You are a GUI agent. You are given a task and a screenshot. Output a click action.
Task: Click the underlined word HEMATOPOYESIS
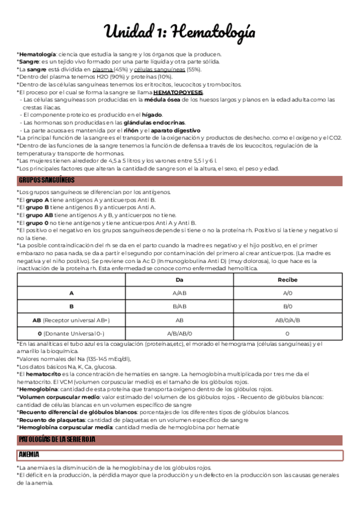point(178,92)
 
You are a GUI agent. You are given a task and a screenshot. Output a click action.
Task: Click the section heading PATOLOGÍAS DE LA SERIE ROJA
point(57,440)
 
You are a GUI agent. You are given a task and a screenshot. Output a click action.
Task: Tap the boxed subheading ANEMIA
point(29,454)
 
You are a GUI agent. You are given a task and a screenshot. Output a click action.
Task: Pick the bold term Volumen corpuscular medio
point(58,397)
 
